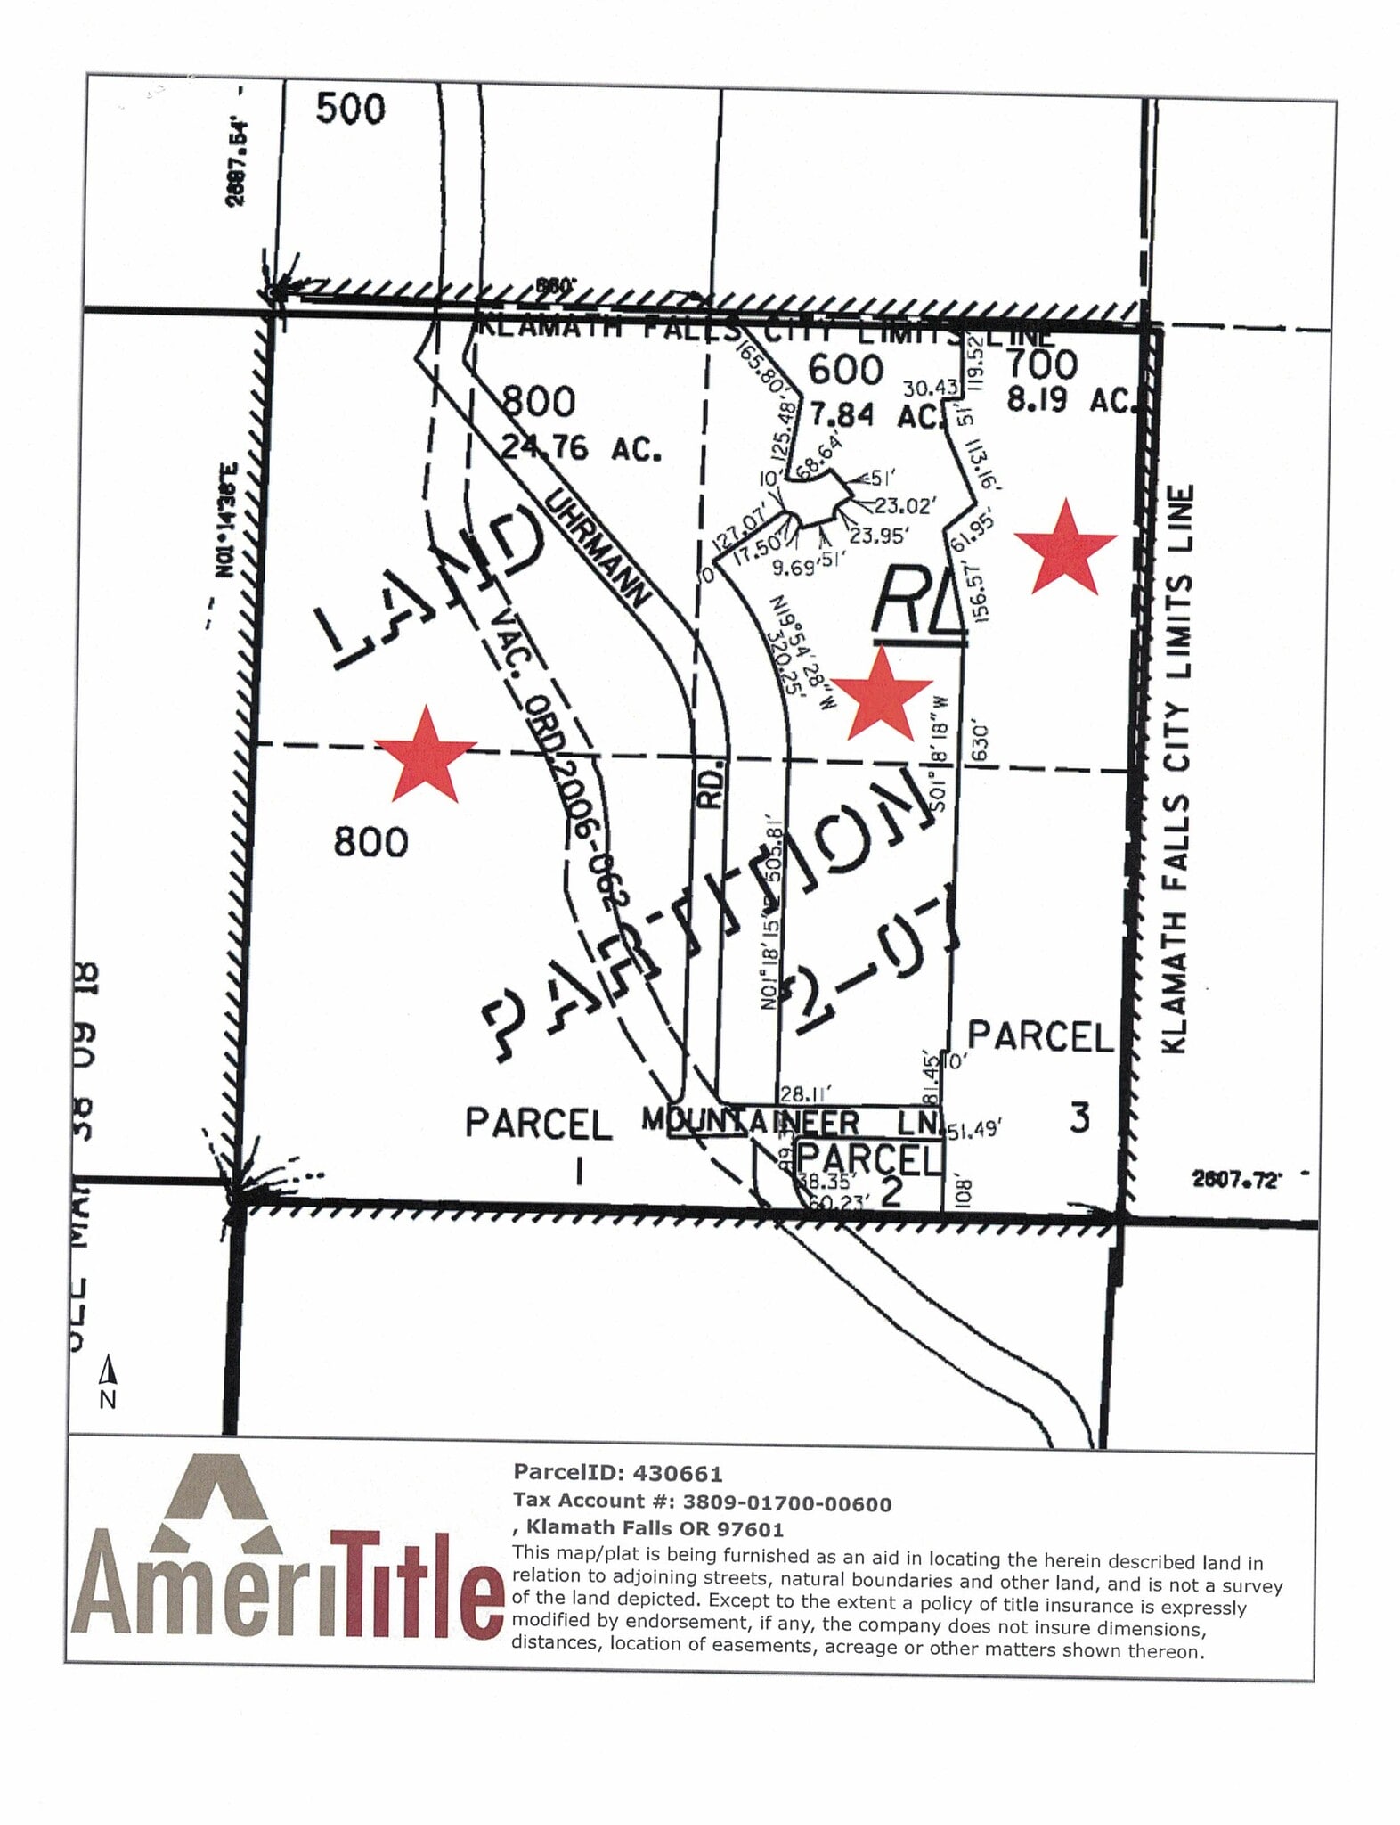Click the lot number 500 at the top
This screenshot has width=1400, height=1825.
click(x=351, y=110)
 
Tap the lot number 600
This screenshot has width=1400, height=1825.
click(x=845, y=369)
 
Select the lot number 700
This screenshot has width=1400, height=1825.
click(x=1041, y=364)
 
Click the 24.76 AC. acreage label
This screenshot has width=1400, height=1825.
click(x=582, y=447)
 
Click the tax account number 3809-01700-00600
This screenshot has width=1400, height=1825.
click(x=786, y=1503)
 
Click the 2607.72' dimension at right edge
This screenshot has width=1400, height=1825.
click(x=1236, y=1181)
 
